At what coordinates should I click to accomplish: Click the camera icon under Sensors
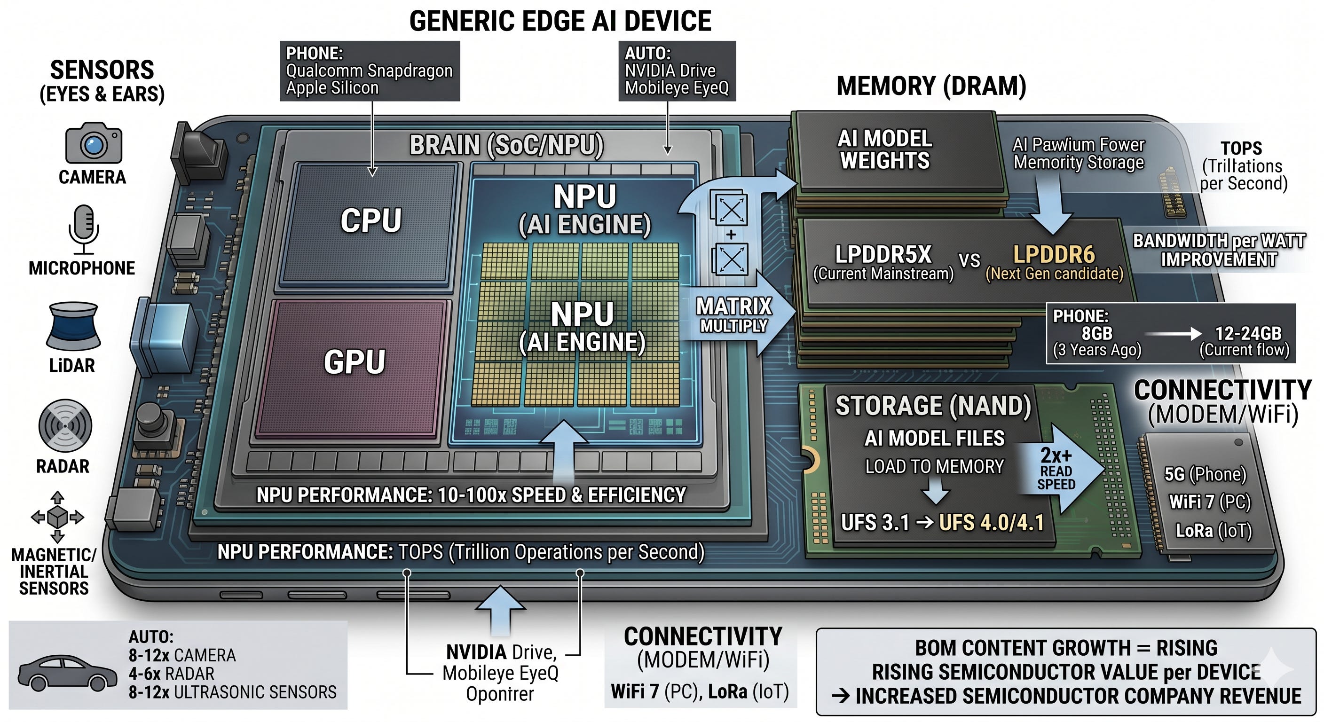coord(94,143)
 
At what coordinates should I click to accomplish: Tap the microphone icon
coord(83,229)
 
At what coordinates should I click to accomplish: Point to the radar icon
coord(65,426)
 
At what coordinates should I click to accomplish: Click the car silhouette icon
coord(67,672)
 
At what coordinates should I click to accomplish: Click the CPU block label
coord(370,220)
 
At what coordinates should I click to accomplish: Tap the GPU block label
coord(354,362)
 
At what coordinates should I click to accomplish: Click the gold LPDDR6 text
coord(1054,254)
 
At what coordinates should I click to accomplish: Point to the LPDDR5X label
coord(883,254)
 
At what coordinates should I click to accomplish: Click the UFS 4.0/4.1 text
coord(992,523)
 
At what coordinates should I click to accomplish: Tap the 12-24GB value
coord(1248,334)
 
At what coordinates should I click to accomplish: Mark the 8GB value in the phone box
coord(1097,334)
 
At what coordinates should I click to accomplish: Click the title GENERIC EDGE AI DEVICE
coord(560,21)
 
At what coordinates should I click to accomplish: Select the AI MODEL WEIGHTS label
coord(885,149)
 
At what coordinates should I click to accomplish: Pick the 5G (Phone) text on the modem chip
coord(1205,474)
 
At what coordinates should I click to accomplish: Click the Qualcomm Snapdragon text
coord(369,71)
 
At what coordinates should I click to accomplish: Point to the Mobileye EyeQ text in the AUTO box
coord(677,88)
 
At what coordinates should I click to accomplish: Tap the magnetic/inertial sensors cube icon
coord(57,517)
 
